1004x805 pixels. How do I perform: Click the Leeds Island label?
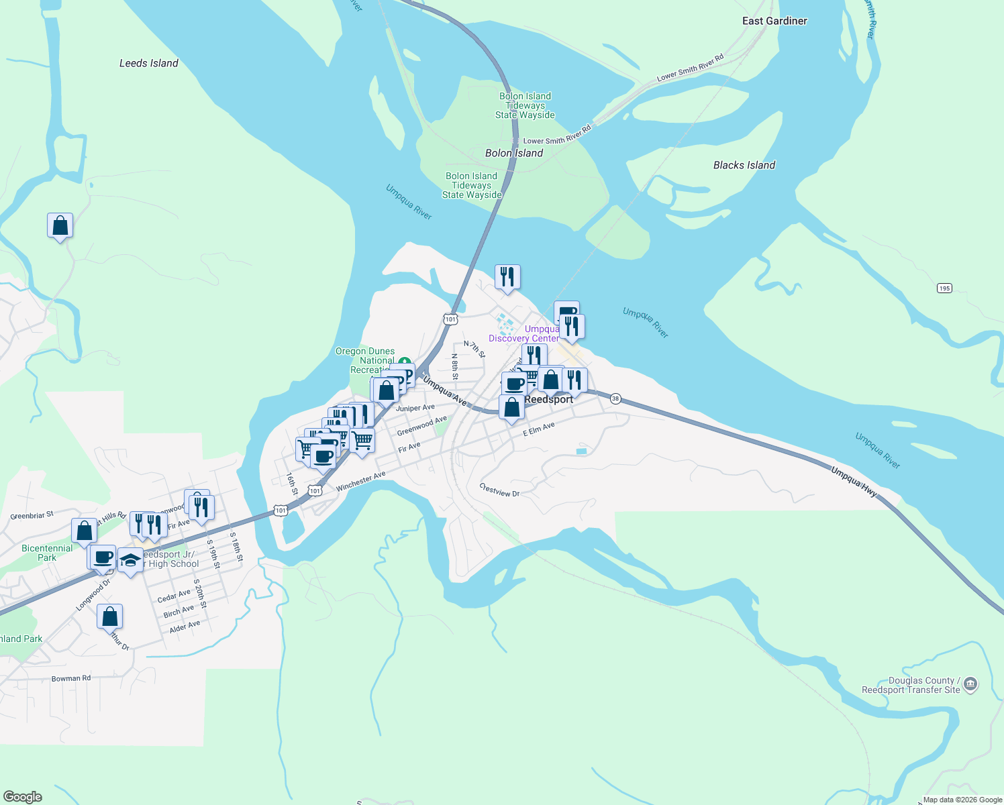[148, 63]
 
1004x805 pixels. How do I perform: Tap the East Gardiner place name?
[774, 21]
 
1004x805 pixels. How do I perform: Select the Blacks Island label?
[744, 165]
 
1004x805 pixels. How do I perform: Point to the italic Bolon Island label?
[514, 153]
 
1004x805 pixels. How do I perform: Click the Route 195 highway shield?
[944, 288]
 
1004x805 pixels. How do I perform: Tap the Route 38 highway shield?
[615, 399]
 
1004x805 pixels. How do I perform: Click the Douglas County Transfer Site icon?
[970, 685]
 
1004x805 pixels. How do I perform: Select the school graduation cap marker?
[130, 559]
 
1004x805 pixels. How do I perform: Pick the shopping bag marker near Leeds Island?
[60, 225]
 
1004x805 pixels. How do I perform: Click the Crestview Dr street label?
[499, 490]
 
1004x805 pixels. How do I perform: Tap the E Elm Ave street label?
[539, 429]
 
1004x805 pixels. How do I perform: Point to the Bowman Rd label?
[70, 678]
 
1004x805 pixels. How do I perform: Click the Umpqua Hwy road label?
[854, 482]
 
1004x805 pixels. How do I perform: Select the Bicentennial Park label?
[47, 553]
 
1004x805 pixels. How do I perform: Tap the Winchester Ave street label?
[361, 481]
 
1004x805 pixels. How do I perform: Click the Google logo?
[23, 797]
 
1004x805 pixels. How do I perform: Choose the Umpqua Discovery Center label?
[524, 333]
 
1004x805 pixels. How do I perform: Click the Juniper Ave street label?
[415, 408]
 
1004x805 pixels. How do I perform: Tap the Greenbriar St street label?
[32, 516]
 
